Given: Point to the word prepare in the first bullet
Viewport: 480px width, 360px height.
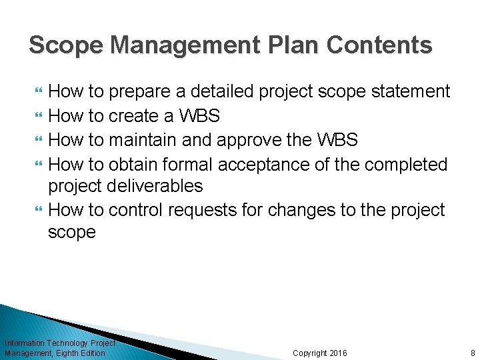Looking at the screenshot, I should pos(142,91).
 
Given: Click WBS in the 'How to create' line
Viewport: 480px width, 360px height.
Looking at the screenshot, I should pos(199,115).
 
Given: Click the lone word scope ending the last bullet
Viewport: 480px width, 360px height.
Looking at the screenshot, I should pos(72,233).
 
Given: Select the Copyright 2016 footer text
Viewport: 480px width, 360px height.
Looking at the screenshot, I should pos(320,353).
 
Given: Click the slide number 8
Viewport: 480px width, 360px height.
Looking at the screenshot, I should pos(472,353).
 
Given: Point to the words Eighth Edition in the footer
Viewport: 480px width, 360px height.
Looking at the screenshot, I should pos(82,353).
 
